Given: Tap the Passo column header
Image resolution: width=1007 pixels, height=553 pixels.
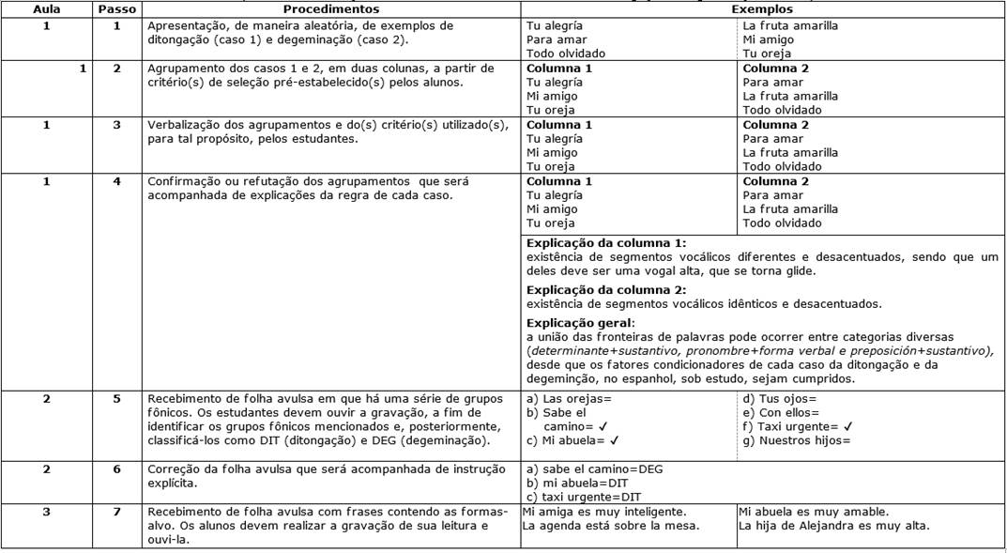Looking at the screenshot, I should (x=116, y=8).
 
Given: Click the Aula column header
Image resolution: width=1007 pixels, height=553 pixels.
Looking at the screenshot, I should (x=46, y=8).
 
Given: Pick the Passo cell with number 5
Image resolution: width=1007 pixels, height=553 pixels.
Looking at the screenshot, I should (x=116, y=398).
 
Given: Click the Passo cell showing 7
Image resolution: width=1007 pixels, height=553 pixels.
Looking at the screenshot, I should (x=116, y=512).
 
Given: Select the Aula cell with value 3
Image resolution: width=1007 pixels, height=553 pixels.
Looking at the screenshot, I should (x=46, y=512).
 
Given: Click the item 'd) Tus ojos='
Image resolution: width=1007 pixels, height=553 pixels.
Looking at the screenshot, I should (x=777, y=398).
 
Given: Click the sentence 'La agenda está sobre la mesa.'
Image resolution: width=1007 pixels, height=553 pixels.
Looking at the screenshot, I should (x=611, y=526).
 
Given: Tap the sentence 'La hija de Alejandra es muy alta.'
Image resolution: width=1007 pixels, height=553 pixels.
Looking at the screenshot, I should (x=834, y=526).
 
